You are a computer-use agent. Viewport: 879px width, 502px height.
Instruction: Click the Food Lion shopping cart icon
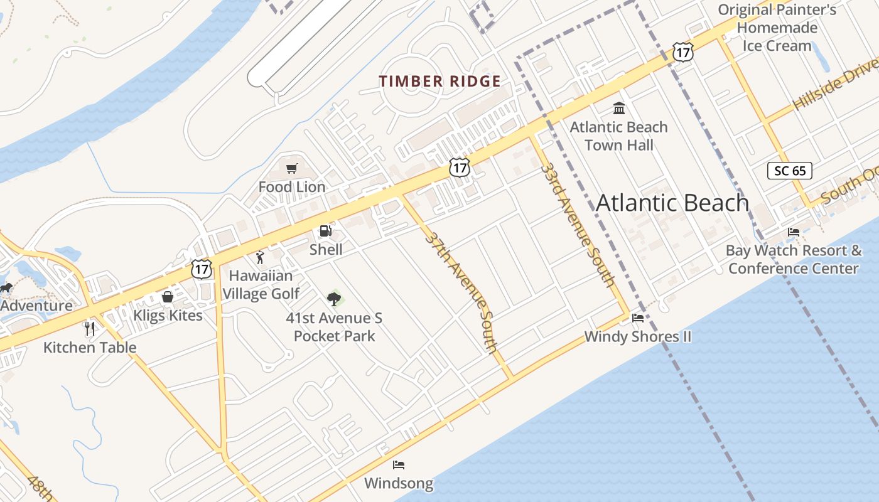(x=291, y=168)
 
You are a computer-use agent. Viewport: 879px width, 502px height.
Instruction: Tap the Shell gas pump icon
(x=325, y=231)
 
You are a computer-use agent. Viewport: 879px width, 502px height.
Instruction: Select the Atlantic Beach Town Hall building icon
(x=619, y=109)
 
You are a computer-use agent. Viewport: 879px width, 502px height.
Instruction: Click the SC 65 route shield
(x=789, y=170)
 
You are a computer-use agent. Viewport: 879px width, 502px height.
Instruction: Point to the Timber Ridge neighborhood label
(x=439, y=82)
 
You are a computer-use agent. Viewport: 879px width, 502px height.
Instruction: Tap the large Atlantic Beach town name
(x=672, y=203)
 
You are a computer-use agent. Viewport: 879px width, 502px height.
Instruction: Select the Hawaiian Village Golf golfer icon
(x=260, y=257)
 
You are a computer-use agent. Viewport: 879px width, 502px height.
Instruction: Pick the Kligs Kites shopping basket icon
(x=168, y=297)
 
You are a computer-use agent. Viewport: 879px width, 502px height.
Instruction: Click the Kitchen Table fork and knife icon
(x=90, y=328)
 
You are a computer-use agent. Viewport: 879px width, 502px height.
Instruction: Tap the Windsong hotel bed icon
(x=399, y=465)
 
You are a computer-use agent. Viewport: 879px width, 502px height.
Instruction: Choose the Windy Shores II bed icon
(x=638, y=318)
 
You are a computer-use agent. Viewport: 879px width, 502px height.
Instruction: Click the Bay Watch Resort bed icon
(x=794, y=232)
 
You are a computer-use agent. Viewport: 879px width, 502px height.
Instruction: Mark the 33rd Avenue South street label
(x=578, y=225)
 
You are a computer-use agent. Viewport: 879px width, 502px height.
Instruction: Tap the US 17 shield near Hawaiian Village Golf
(x=202, y=269)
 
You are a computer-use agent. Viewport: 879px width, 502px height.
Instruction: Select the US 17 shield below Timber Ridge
(x=460, y=168)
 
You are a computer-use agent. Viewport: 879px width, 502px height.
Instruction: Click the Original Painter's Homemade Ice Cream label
(x=777, y=28)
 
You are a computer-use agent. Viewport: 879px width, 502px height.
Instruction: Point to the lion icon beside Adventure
(x=6, y=288)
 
